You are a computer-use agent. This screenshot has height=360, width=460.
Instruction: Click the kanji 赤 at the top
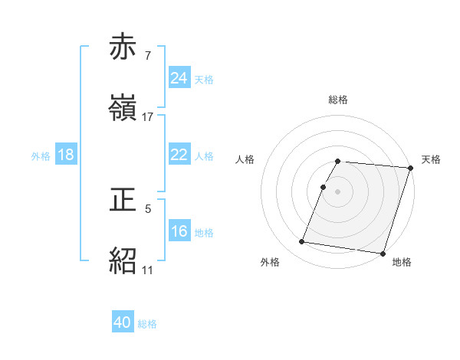tap(124, 47)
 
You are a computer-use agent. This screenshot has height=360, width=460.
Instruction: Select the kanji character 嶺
tap(124, 108)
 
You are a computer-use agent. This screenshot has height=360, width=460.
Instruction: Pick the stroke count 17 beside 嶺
tap(148, 116)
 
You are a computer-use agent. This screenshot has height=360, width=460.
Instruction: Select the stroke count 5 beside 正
tap(148, 208)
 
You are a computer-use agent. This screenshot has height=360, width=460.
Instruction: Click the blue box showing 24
tap(179, 78)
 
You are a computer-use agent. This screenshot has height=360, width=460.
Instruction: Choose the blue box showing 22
tap(179, 155)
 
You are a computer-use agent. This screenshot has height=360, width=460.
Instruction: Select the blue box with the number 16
tap(179, 231)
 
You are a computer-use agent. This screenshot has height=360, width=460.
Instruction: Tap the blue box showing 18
tap(66, 155)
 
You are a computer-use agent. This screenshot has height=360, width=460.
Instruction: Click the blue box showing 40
tap(123, 323)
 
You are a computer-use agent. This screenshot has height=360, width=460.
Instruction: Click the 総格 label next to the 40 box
tap(147, 324)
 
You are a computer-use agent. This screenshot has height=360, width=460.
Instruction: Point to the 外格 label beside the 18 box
tap(41, 155)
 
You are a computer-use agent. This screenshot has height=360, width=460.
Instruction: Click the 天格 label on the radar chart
tap(431, 159)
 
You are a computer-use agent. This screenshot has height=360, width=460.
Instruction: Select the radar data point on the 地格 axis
tap(383, 253)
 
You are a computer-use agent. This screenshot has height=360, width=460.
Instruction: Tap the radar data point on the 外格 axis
tap(302, 242)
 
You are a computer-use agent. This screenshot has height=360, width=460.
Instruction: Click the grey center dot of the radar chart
tap(338, 191)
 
